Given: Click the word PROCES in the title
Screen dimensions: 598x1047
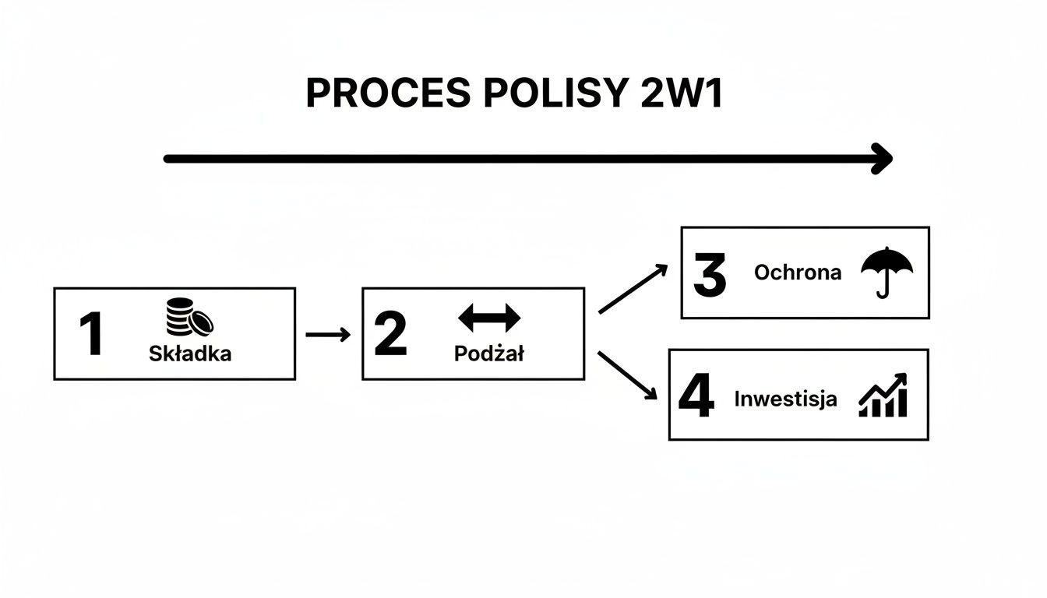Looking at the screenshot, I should point(387,94).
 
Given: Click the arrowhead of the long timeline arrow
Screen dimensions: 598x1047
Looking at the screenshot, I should point(883,159).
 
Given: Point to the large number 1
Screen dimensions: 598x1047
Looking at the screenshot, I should point(91,334).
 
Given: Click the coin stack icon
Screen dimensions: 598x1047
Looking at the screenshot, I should point(189,318).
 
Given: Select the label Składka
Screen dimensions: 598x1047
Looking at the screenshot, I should point(190,354).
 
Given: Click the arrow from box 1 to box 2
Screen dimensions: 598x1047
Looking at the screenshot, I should point(328,335).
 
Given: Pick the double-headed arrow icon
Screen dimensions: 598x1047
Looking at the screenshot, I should point(489,318).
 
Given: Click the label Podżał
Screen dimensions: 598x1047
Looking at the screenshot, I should point(489,354).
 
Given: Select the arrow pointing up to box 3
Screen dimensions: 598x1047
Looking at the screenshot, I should point(633,289).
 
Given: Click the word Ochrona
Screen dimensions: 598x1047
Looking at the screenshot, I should point(798,273).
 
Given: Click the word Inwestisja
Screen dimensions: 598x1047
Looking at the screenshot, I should point(786,399).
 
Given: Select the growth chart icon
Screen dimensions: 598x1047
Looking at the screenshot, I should point(883,395).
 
